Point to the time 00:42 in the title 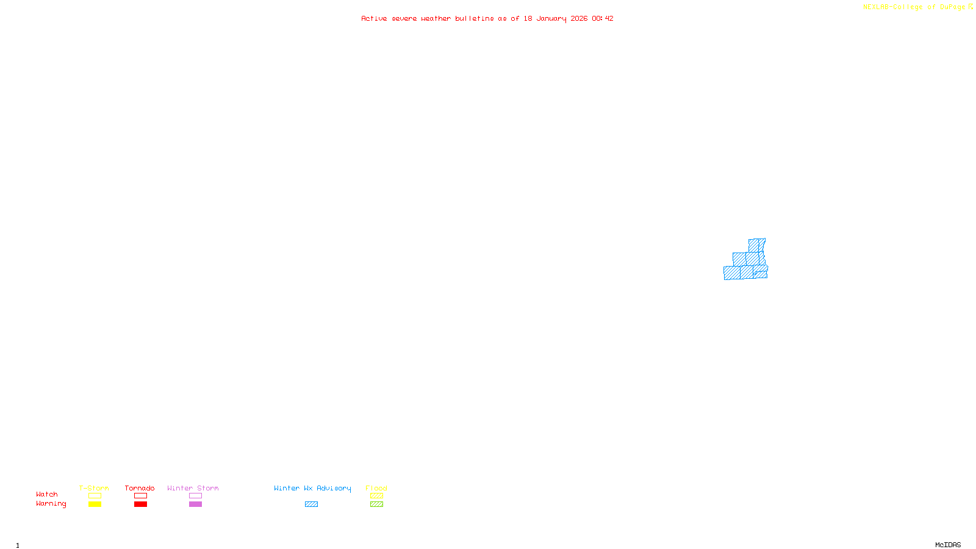pyautogui.click(x=603, y=18)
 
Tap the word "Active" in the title pyautogui.click(x=374, y=18)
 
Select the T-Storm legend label pyautogui.click(x=94, y=488)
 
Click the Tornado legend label pyautogui.click(x=140, y=488)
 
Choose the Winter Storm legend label pyautogui.click(x=193, y=488)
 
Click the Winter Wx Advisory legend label pyautogui.click(x=312, y=488)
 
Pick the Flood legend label pyautogui.click(x=376, y=488)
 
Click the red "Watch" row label pyautogui.click(x=47, y=494)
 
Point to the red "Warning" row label pyautogui.click(x=51, y=504)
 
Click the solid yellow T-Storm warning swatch pyautogui.click(x=95, y=504)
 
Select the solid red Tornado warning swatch pyautogui.click(x=140, y=504)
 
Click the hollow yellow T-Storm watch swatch pyautogui.click(x=95, y=496)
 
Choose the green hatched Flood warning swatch pyautogui.click(x=376, y=504)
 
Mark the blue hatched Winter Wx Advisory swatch pyautogui.click(x=311, y=504)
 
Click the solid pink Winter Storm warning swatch pyautogui.click(x=195, y=504)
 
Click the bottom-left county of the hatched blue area pyautogui.click(x=732, y=273)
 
